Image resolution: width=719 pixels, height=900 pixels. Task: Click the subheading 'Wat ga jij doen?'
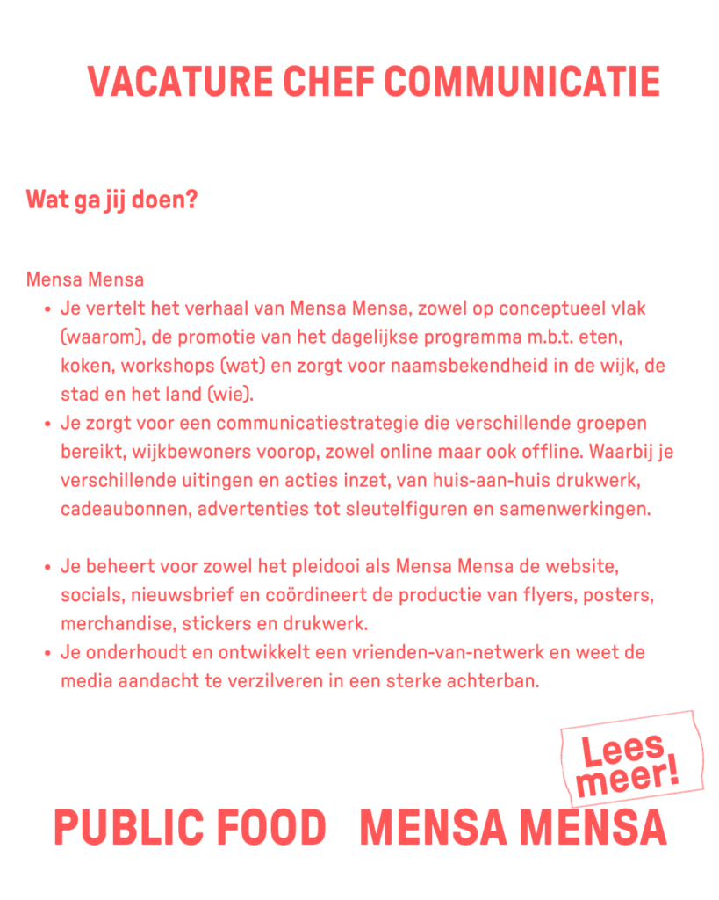[x=111, y=200]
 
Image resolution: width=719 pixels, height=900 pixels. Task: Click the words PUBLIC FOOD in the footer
[x=190, y=828]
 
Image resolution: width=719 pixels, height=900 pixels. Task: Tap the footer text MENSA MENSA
[x=513, y=828]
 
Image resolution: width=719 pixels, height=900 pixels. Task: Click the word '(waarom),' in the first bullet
[x=97, y=337]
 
